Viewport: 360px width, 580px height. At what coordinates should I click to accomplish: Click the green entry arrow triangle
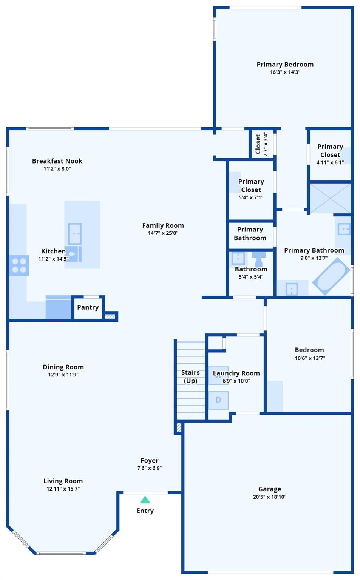pyautogui.click(x=145, y=500)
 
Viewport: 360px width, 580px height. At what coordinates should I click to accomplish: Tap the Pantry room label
pyautogui.click(x=88, y=307)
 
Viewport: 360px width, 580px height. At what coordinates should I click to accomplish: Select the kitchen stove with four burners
pyautogui.click(x=19, y=265)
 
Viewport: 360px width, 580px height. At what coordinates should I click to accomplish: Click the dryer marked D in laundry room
pyautogui.click(x=218, y=400)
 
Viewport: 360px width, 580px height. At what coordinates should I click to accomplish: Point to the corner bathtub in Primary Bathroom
pyautogui.click(x=331, y=276)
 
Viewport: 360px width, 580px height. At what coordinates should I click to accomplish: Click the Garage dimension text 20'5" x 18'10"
pyautogui.click(x=270, y=497)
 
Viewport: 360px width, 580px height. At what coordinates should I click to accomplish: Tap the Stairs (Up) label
pyautogui.click(x=190, y=376)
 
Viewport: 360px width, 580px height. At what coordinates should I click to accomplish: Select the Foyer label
pyautogui.click(x=150, y=460)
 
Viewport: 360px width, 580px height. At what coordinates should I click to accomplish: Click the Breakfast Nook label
pyautogui.click(x=57, y=161)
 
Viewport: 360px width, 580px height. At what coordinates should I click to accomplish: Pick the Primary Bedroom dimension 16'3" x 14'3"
pyautogui.click(x=285, y=72)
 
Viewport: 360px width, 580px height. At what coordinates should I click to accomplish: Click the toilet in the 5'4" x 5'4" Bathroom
pyautogui.click(x=259, y=259)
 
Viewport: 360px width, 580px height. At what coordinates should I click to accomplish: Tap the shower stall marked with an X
pyautogui.click(x=330, y=198)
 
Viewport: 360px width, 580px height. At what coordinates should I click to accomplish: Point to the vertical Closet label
pyautogui.click(x=258, y=144)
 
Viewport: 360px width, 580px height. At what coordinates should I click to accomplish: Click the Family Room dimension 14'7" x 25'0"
pyautogui.click(x=163, y=233)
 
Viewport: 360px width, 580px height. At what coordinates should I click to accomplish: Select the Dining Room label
pyautogui.click(x=63, y=367)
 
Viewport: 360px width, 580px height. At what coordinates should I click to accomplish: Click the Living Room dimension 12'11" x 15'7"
pyautogui.click(x=63, y=489)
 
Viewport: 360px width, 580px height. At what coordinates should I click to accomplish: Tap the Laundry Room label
pyautogui.click(x=236, y=373)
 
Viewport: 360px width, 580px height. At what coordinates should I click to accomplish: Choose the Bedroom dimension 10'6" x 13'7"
pyautogui.click(x=310, y=358)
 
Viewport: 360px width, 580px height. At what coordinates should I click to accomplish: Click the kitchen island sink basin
pyautogui.click(x=74, y=234)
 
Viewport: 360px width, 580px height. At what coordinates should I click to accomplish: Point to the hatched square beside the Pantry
pyautogui.click(x=110, y=316)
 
